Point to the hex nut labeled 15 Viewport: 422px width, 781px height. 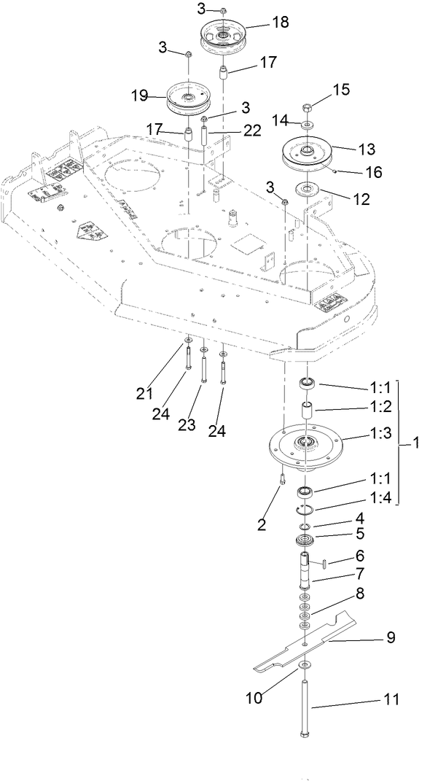pos(308,106)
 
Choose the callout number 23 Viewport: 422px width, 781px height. pos(187,424)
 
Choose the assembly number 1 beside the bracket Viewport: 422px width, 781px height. pos(415,442)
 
